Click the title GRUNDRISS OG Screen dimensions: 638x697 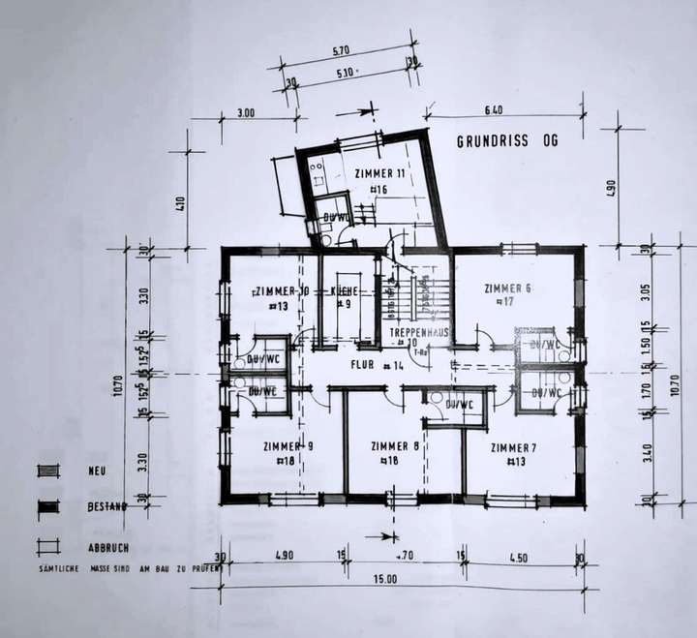coord(507,140)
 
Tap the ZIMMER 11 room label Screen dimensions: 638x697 coord(379,173)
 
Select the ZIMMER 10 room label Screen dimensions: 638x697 coord(282,290)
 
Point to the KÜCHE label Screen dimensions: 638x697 coord(346,290)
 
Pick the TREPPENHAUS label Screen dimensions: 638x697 coord(420,332)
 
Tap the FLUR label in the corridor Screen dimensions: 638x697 coord(361,365)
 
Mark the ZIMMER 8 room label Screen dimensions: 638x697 coord(396,446)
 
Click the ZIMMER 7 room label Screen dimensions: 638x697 coord(513,447)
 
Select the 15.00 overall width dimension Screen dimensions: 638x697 coord(386,579)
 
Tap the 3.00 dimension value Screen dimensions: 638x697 coord(246,113)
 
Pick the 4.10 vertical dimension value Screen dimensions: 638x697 coord(180,206)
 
